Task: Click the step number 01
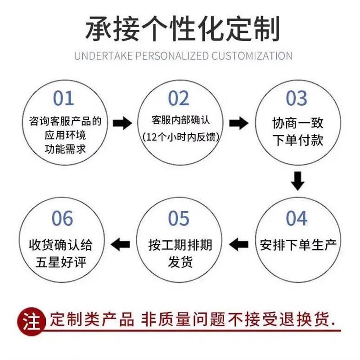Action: coord(63,99)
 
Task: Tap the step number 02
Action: coord(180,99)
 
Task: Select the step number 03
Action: coord(297,99)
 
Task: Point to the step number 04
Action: coord(297,219)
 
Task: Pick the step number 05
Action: coord(179,219)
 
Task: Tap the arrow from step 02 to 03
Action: coord(238,123)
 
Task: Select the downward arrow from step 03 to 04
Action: coord(297,180)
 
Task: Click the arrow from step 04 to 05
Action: coord(238,244)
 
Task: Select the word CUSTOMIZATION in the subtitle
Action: coord(252,56)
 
